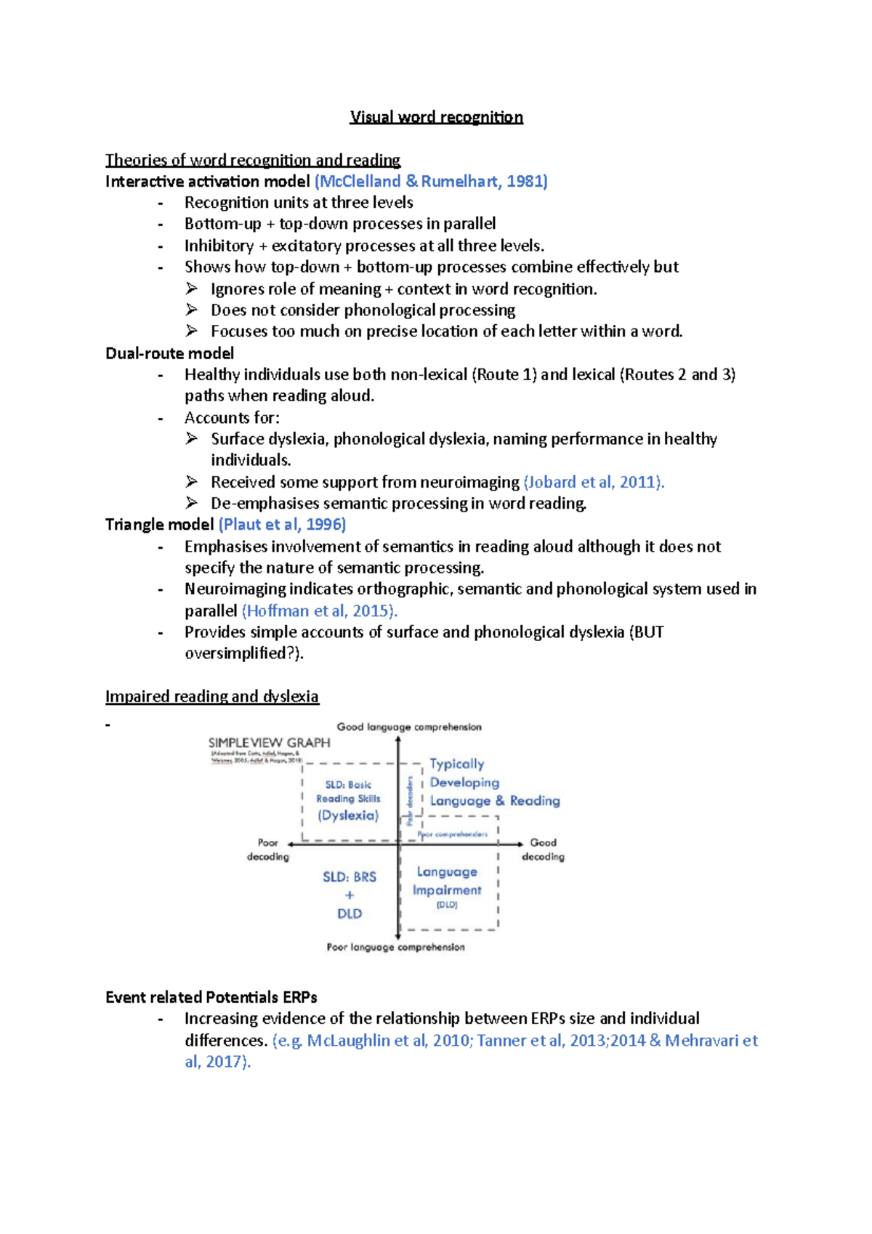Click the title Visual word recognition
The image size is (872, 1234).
[436, 117]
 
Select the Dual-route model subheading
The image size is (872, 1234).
[169, 353]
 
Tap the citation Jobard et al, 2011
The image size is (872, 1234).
[593, 482]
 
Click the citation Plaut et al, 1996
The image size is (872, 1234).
[282, 524]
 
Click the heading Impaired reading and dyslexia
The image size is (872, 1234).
[211, 696]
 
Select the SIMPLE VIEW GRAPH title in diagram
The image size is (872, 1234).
[269, 743]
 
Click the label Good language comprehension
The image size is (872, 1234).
[408, 727]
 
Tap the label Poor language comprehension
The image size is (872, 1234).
[395, 947]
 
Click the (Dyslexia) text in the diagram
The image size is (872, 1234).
[348, 815]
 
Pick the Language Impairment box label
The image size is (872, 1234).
[447, 881]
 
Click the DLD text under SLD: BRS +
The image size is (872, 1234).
[350, 914]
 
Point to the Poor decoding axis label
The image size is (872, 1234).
[267, 850]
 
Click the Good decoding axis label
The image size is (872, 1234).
[543, 850]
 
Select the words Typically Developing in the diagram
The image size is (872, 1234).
[464, 773]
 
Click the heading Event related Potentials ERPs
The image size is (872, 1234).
[211, 997]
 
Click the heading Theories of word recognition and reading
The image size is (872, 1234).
[252, 160]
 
